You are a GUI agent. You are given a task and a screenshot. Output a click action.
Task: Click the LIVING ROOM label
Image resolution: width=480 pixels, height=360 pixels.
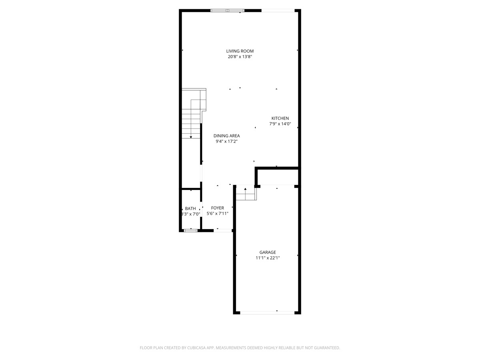click(x=240, y=51)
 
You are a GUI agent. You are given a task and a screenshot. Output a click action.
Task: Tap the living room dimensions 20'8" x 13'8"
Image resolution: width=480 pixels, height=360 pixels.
click(x=240, y=57)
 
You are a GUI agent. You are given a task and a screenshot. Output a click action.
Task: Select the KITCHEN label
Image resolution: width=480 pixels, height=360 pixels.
click(x=280, y=118)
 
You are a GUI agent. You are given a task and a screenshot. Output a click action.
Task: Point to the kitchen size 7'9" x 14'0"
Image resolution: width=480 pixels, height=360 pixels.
click(x=280, y=124)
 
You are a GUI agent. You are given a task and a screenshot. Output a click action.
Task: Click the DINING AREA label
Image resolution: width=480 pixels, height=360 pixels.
click(x=226, y=136)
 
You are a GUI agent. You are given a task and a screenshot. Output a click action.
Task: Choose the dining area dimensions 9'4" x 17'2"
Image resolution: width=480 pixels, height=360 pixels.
click(x=226, y=142)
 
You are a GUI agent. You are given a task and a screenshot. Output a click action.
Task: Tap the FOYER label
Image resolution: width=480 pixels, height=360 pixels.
click(x=217, y=208)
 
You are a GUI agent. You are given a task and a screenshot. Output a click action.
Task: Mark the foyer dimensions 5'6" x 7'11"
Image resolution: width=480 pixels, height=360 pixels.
click(x=217, y=214)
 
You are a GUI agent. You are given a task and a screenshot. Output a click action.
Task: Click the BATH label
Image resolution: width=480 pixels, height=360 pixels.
click(x=190, y=208)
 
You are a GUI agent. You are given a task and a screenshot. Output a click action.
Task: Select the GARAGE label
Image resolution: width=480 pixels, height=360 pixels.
click(x=268, y=252)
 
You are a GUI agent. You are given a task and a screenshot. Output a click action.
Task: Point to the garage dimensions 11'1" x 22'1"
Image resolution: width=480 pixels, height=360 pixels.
click(x=268, y=258)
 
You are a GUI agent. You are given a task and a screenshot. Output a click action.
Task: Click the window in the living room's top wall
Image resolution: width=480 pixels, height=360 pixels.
click(x=228, y=10)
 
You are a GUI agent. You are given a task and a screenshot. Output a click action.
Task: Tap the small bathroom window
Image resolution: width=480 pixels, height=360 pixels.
click(x=191, y=231)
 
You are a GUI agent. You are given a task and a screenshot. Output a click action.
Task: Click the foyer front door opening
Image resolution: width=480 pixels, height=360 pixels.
click(x=223, y=231)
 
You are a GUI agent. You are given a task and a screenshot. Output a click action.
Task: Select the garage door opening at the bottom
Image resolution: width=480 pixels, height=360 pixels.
click(x=267, y=313)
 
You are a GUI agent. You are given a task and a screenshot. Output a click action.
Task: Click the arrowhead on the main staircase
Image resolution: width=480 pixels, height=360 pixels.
click(x=191, y=137)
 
